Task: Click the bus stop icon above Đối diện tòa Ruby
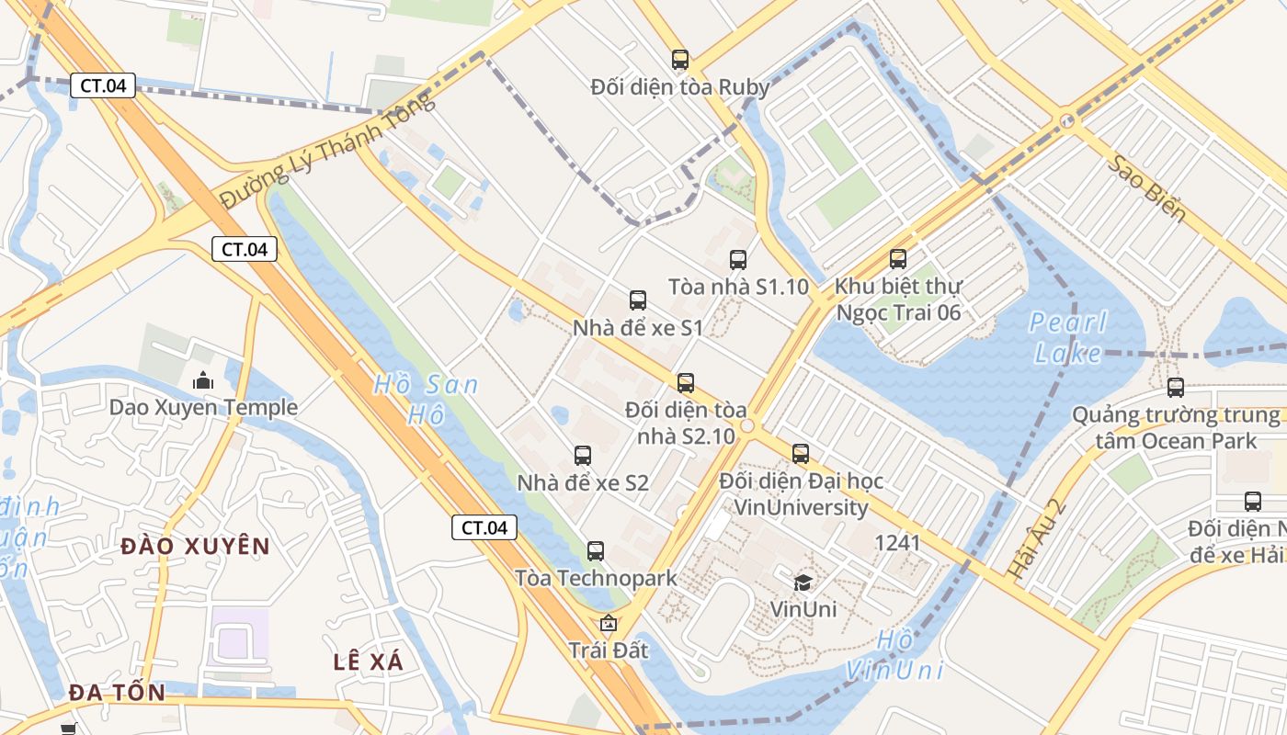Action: pyautogui.click(x=679, y=61)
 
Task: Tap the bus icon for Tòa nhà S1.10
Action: pyautogui.click(x=738, y=260)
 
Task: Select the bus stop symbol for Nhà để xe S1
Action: pyautogui.click(x=638, y=300)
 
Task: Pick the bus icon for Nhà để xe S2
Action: pyautogui.click(x=583, y=456)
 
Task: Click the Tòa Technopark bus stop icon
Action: pyautogui.click(x=596, y=551)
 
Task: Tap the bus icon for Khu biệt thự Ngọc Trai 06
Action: pyautogui.click(x=898, y=260)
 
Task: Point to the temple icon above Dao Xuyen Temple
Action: pyautogui.click(x=202, y=379)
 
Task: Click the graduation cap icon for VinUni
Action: pyautogui.click(x=803, y=582)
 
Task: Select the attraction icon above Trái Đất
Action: pyautogui.click(x=608, y=624)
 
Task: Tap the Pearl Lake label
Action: pyautogui.click(x=1068, y=337)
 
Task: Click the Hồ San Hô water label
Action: pyautogui.click(x=425, y=399)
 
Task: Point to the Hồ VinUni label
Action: pyautogui.click(x=894, y=655)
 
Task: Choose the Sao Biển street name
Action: pyautogui.click(x=1146, y=188)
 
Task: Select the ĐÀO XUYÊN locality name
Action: pyautogui.click(x=196, y=547)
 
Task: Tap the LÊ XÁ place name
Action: pyautogui.click(x=368, y=661)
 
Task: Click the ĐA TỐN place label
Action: pyautogui.click(x=117, y=693)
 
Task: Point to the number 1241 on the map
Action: pyautogui.click(x=897, y=543)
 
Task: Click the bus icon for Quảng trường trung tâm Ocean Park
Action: pyautogui.click(x=1176, y=388)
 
